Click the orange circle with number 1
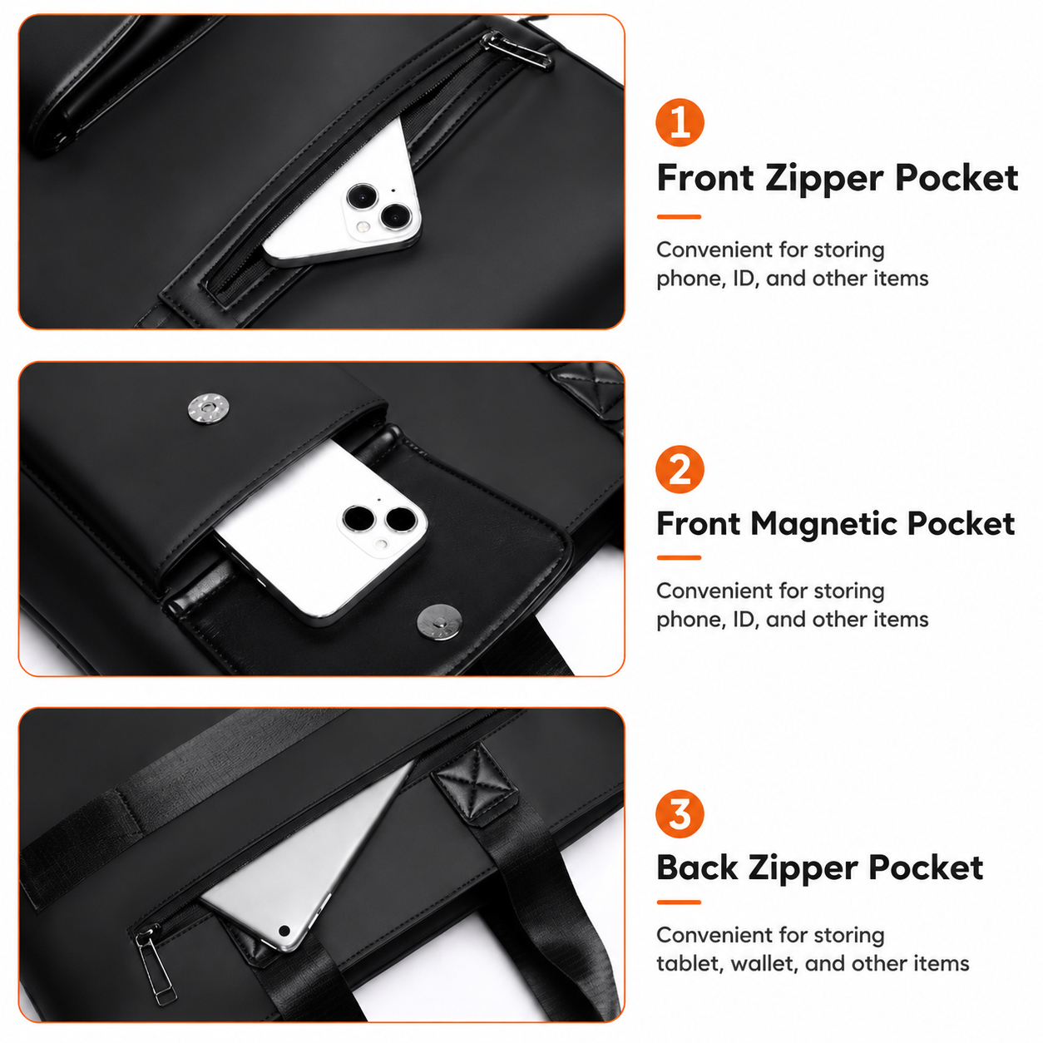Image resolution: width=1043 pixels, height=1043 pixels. click(x=680, y=122)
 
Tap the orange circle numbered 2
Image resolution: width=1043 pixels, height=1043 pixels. click(x=680, y=469)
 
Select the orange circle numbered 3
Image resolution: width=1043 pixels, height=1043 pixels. click(x=680, y=813)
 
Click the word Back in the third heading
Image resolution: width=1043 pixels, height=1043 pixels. click(x=697, y=868)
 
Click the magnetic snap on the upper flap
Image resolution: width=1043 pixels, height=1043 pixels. click(x=208, y=409)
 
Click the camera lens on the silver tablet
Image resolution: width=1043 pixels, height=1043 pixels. click(x=284, y=931)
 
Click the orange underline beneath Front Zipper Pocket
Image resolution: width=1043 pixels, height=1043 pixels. click(x=679, y=216)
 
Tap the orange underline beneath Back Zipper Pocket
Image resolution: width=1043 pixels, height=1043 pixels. click(x=679, y=902)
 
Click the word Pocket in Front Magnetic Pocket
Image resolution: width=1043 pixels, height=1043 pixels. click(x=961, y=524)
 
